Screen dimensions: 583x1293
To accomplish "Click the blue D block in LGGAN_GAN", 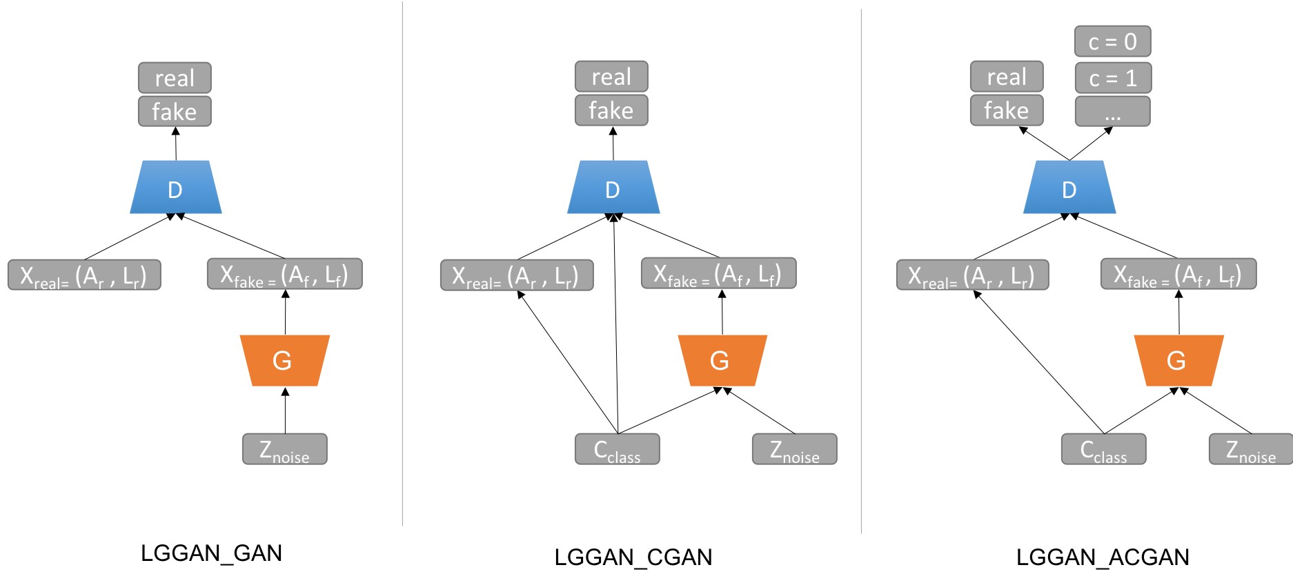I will [x=175, y=188].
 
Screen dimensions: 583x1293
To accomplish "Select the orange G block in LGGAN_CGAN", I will [x=722, y=360].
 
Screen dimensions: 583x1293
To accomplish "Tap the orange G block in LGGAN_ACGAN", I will [x=1178, y=360].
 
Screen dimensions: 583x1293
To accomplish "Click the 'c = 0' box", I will [x=1112, y=41].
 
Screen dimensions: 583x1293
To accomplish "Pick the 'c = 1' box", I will [x=1112, y=78].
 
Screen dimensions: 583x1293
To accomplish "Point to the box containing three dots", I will [x=1112, y=111].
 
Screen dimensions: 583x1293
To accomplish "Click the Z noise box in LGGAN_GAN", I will [x=284, y=449].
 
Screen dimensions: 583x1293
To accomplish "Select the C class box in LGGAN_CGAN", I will [x=617, y=449].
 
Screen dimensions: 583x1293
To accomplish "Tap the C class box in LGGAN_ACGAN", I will [x=1103, y=449].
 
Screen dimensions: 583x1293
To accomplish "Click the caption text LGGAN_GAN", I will [x=211, y=553].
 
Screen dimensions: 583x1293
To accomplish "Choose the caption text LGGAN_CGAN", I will [x=633, y=557].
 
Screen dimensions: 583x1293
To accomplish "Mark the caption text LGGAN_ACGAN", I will [x=1103, y=557].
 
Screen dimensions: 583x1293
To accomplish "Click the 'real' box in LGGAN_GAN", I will [x=175, y=77].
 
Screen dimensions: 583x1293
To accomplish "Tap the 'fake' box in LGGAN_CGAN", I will [x=611, y=110].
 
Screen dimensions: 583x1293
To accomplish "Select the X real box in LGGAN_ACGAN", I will [x=972, y=275].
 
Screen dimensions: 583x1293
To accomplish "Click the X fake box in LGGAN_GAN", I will [x=284, y=274].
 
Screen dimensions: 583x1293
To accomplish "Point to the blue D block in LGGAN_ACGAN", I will [x=1069, y=188].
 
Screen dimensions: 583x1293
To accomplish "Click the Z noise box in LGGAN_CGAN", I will [x=794, y=449].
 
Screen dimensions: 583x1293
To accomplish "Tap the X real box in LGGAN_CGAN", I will [x=517, y=275].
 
